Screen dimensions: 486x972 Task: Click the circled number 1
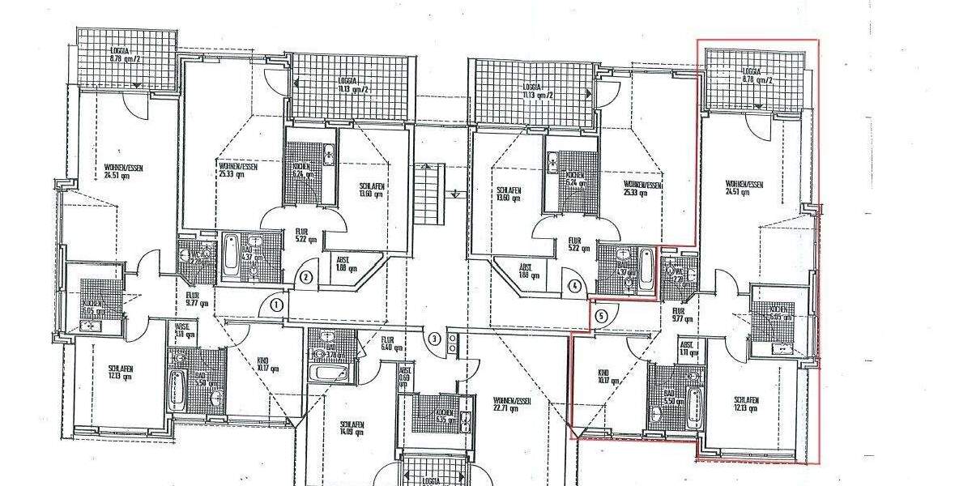click(x=275, y=305)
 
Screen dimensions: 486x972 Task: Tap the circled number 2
click(x=306, y=277)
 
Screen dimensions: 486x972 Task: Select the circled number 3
click(x=435, y=339)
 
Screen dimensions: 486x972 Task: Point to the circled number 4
click(x=574, y=285)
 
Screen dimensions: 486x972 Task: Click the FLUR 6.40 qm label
click(x=387, y=344)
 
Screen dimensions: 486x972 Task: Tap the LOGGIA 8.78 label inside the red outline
click(x=757, y=75)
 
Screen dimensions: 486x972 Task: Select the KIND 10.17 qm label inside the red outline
click(x=603, y=378)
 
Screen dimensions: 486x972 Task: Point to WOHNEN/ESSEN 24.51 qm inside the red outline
click(x=744, y=188)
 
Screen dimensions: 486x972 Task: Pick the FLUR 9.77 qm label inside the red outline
click(x=678, y=314)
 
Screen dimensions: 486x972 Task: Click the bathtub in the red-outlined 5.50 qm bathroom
click(x=693, y=405)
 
